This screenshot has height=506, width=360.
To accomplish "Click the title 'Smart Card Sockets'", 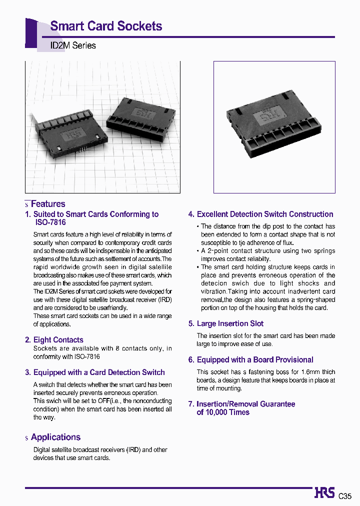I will pyautogui.click(x=106, y=26).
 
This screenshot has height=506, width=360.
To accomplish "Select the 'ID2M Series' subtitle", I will pyautogui.click(x=73, y=45).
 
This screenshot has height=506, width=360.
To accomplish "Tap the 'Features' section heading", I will pyautogui.click(x=48, y=204).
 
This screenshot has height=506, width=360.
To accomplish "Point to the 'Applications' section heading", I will pyautogui.click(x=55, y=437).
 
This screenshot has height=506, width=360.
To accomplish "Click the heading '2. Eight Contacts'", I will pyautogui.click(x=54, y=340).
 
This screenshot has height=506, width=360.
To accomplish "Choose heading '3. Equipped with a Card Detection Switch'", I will pyautogui.click(x=95, y=372).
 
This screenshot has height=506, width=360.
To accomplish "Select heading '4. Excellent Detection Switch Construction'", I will pyautogui.click(x=260, y=214).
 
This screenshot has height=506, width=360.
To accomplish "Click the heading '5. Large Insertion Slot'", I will pyautogui.click(x=225, y=324).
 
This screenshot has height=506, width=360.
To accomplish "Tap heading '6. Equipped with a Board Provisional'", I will pyautogui.click(x=250, y=360).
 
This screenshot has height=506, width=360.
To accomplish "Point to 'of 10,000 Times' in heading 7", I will pyautogui.click(x=223, y=412).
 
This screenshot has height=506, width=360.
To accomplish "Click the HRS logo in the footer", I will pyautogui.click(x=324, y=492).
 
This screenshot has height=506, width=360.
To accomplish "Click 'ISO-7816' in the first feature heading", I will pyautogui.click(x=50, y=222).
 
